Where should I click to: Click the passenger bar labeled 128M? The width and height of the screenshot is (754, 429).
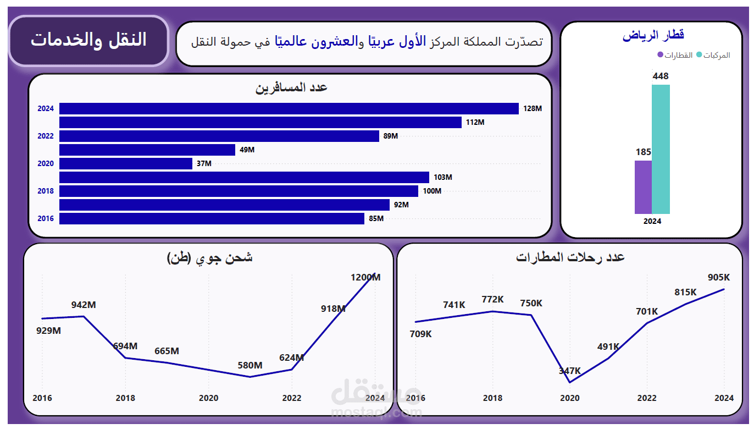pyautogui.click(x=289, y=108)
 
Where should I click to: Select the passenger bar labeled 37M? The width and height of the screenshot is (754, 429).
pyautogui.click(x=126, y=163)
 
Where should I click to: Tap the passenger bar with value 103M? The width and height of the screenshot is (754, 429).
pyautogui.click(x=244, y=177)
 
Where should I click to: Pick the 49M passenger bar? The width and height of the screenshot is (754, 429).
pyautogui.click(x=147, y=150)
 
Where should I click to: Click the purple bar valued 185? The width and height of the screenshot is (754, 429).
pyautogui.click(x=643, y=187)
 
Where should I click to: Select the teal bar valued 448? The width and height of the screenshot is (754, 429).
pyautogui.click(x=661, y=149)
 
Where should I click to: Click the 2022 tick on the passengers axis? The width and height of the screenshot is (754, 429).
pyautogui.click(x=46, y=136)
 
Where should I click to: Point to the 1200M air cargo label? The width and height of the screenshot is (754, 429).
pyautogui.click(x=365, y=278)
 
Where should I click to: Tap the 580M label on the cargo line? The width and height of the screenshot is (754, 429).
pyautogui.click(x=250, y=365)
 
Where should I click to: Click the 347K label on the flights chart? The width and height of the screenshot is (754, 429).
pyautogui.click(x=569, y=371)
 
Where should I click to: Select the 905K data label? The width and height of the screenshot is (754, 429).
pyautogui.click(x=719, y=278)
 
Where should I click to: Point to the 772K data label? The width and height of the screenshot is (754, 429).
pyautogui.click(x=492, y=299)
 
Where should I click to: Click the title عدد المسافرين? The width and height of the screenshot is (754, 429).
pyautogui.click(x=291, y=87)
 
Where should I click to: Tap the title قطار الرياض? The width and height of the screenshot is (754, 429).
pyautogui.click(x=653, y=36)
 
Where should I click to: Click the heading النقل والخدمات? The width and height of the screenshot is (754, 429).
pyautogui.click(x=88, y=40)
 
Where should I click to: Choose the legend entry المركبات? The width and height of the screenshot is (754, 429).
pyautogui.click(x=713, y=55)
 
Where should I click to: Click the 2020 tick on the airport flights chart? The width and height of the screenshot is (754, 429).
pyautogui.click(x=569, y=398)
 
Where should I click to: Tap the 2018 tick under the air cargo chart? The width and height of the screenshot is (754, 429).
pyautogui.click(x=125, y=398)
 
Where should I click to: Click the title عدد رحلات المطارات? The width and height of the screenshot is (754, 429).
pyautogui.click(x=570, y=257)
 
